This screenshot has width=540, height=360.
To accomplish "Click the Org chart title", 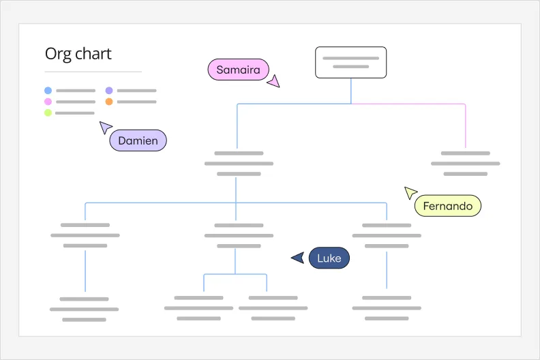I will (x=78, y=55).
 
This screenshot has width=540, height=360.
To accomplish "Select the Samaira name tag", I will (x=239, y=70).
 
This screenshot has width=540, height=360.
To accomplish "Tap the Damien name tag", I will (x=138, y=140).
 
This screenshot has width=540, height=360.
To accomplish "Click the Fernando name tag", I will (x=447, y=206).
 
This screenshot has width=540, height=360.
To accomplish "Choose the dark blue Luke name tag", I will (x=329, y=258).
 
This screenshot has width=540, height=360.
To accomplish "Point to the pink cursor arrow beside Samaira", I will (x=273, y=82).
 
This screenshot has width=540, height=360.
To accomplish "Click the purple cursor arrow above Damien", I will (x=105, y=127).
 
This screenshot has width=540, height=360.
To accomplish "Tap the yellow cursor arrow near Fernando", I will (x=410, y=192).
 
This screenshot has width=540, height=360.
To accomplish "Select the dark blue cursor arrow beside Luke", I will (x=297, y=258).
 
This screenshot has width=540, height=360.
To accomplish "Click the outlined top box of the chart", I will (x=350, y=63).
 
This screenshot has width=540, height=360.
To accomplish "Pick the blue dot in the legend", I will (x=48, y=90).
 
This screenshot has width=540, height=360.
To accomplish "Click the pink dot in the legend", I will (x=48, y=102).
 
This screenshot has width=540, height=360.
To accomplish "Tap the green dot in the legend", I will (x=48, y=112).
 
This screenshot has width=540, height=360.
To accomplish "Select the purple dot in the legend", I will (x=109, y=90).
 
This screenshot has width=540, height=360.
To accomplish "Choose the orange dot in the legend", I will (x=109, y=102).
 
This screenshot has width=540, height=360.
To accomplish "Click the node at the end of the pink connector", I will (x=465, y=164).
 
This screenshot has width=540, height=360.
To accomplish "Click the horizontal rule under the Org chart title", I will (x=93, y=72).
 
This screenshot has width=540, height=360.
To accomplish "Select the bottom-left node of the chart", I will (x=84, y=309).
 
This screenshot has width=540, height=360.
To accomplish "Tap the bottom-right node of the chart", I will (x=387, y=308).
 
